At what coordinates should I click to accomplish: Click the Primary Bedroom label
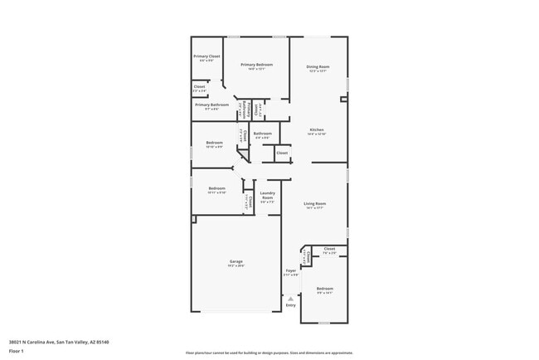(x=257, y=65)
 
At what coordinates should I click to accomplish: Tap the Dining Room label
(x=318, y=67)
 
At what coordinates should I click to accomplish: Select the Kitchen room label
(x=317, y=130)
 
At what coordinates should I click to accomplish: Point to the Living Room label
(x=314, y=204)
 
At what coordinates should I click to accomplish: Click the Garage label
(x=236, y=262)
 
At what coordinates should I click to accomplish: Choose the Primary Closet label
(x=206, y=57)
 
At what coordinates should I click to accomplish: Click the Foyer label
(x=291, y=271)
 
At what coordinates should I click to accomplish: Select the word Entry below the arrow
(x=290, y=305)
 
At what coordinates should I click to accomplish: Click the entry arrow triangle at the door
(x=290, y=297)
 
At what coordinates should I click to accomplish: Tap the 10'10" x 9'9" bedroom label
(x=214, y=144)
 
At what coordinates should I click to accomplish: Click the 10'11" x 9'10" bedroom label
(x=216, y=189)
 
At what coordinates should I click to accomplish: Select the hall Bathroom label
(x=263, y=134)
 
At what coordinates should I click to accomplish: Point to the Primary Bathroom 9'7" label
(x=211, y=105)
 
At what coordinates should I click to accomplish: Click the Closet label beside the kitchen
(x=282, y=153)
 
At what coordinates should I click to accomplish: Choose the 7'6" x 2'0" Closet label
(x=329, y=250)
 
